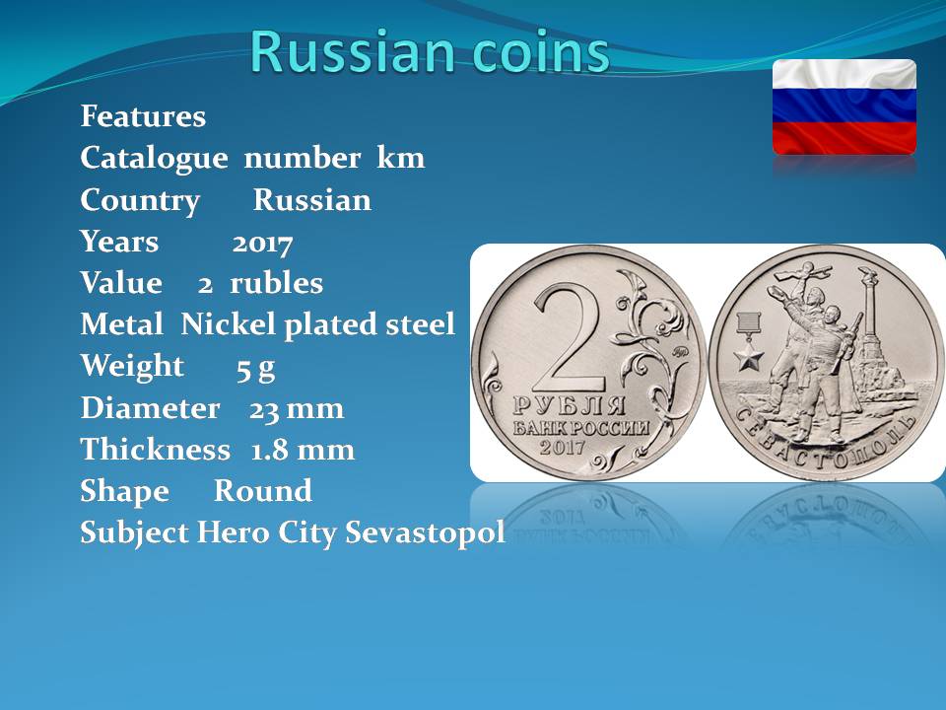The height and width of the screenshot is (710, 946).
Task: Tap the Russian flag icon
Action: click(845, 106)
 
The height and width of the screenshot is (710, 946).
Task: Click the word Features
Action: click(143, 116)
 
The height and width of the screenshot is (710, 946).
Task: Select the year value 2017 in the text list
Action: click(262, 243)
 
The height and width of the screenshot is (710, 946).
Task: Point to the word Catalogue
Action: click(154, 160)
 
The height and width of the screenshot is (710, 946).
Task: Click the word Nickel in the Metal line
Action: click(229, 324)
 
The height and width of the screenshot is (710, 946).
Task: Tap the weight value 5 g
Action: click(256, 368)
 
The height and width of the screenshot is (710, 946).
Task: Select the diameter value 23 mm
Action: click(297, 408)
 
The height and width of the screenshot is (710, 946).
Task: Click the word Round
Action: click(263, 491)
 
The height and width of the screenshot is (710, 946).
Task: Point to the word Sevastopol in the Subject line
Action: click(426, 533)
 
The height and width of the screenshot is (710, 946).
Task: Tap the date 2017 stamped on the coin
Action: click(563, 447)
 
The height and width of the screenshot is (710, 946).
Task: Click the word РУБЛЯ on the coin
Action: click(569, 405)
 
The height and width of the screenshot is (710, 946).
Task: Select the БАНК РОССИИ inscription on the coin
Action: click(581, 428)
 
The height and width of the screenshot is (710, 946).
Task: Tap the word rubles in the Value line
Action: click(276, 283)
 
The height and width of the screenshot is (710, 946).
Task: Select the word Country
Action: click(140, 201)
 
